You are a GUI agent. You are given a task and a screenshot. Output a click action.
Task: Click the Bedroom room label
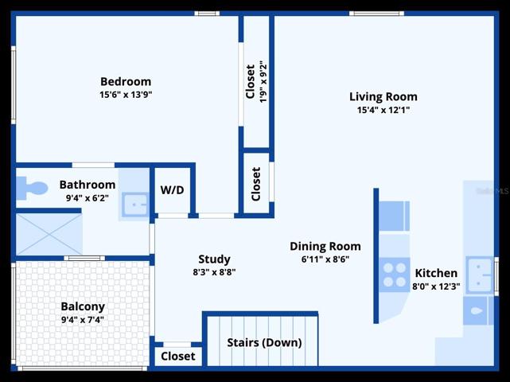[x=126, y=81]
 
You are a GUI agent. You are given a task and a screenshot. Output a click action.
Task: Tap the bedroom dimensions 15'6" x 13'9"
[x=126, y=95]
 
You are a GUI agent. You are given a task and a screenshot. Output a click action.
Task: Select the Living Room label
[x=383, y=96]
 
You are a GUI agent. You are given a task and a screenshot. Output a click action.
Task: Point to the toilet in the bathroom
[x=32, y=188]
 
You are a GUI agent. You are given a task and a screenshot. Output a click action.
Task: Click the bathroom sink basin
[x=135, y=205]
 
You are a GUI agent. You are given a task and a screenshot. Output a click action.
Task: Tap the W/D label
[x=172, y=189]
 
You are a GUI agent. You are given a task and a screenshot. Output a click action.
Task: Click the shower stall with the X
[x=49, y=234]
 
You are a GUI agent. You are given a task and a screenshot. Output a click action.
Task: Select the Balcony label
[x=83, y=306]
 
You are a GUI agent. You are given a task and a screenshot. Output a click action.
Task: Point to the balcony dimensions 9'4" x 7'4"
[x=83, y=320]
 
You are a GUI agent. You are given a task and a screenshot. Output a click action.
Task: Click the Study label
[x=214, y=259]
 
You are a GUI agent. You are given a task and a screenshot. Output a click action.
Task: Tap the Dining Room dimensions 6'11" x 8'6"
[x=325, y=259]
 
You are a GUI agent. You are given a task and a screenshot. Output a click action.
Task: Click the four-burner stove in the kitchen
[x=394, y=275]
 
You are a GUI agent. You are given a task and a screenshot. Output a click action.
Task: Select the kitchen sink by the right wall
[x=480, y=275]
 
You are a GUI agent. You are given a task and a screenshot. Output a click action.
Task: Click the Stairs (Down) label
[x=264, y=343]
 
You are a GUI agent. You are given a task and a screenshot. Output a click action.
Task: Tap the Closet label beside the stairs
[x=178, y=357]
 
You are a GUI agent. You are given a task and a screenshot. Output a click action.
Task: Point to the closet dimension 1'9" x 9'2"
[x=263, y=82]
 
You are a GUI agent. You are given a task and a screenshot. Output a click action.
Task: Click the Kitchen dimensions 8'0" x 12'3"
[x=436, y=286]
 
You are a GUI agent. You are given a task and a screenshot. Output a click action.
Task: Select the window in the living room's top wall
[x=376, y=14]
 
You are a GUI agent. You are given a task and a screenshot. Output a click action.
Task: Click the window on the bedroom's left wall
[x=14, y=85]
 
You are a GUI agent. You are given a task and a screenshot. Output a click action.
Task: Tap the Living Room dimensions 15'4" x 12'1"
[x=383, y=110]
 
